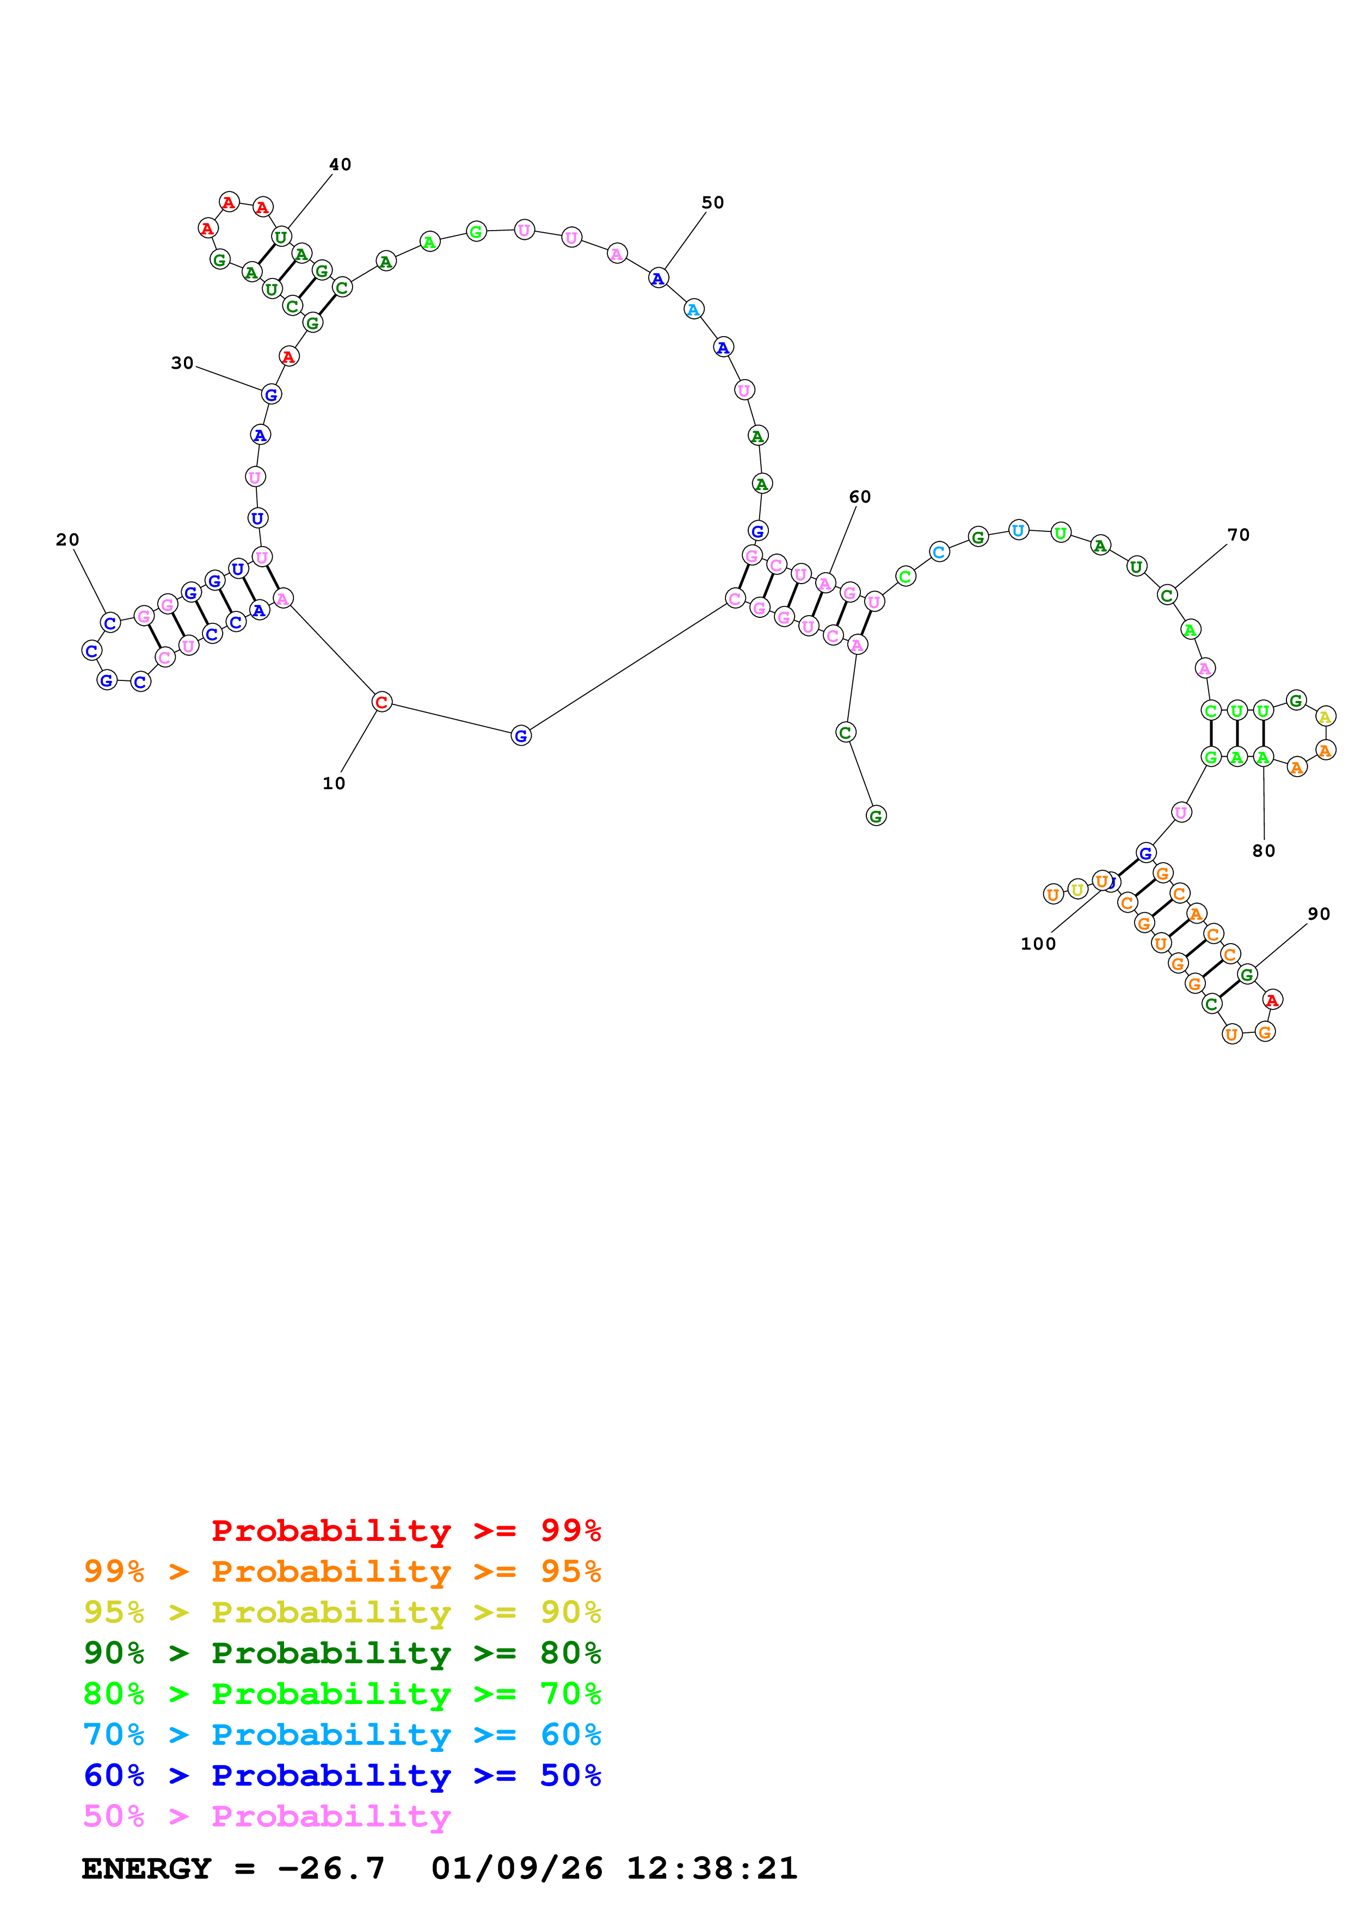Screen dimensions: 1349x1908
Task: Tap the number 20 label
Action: point(67,540)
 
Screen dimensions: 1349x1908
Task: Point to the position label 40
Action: point(340,165)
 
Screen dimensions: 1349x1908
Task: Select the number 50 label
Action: point(712,203)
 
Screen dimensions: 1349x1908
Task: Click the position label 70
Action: point(1239,535)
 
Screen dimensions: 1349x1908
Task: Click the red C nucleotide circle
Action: point(381,702)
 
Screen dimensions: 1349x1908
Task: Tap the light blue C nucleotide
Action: point(938,552)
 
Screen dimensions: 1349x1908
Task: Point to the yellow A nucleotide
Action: point(1325,716)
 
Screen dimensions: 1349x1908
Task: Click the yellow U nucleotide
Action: point(1077,890)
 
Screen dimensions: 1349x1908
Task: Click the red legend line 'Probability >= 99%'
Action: point(405,1531)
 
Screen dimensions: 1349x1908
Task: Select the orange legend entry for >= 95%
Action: point(342,1571)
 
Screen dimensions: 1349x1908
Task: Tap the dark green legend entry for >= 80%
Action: point(342,1653)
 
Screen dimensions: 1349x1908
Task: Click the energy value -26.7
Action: point(331,1868)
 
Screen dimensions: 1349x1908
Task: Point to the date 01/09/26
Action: point(516,1868)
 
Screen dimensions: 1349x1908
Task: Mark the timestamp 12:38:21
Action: point(711,1868)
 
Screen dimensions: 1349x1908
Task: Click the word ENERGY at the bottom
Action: point(146,1868)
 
